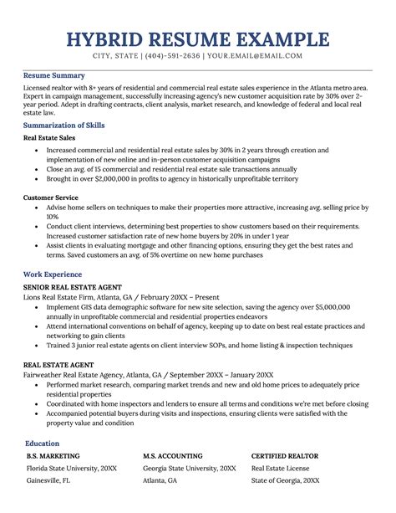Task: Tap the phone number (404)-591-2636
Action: point(195,56)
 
